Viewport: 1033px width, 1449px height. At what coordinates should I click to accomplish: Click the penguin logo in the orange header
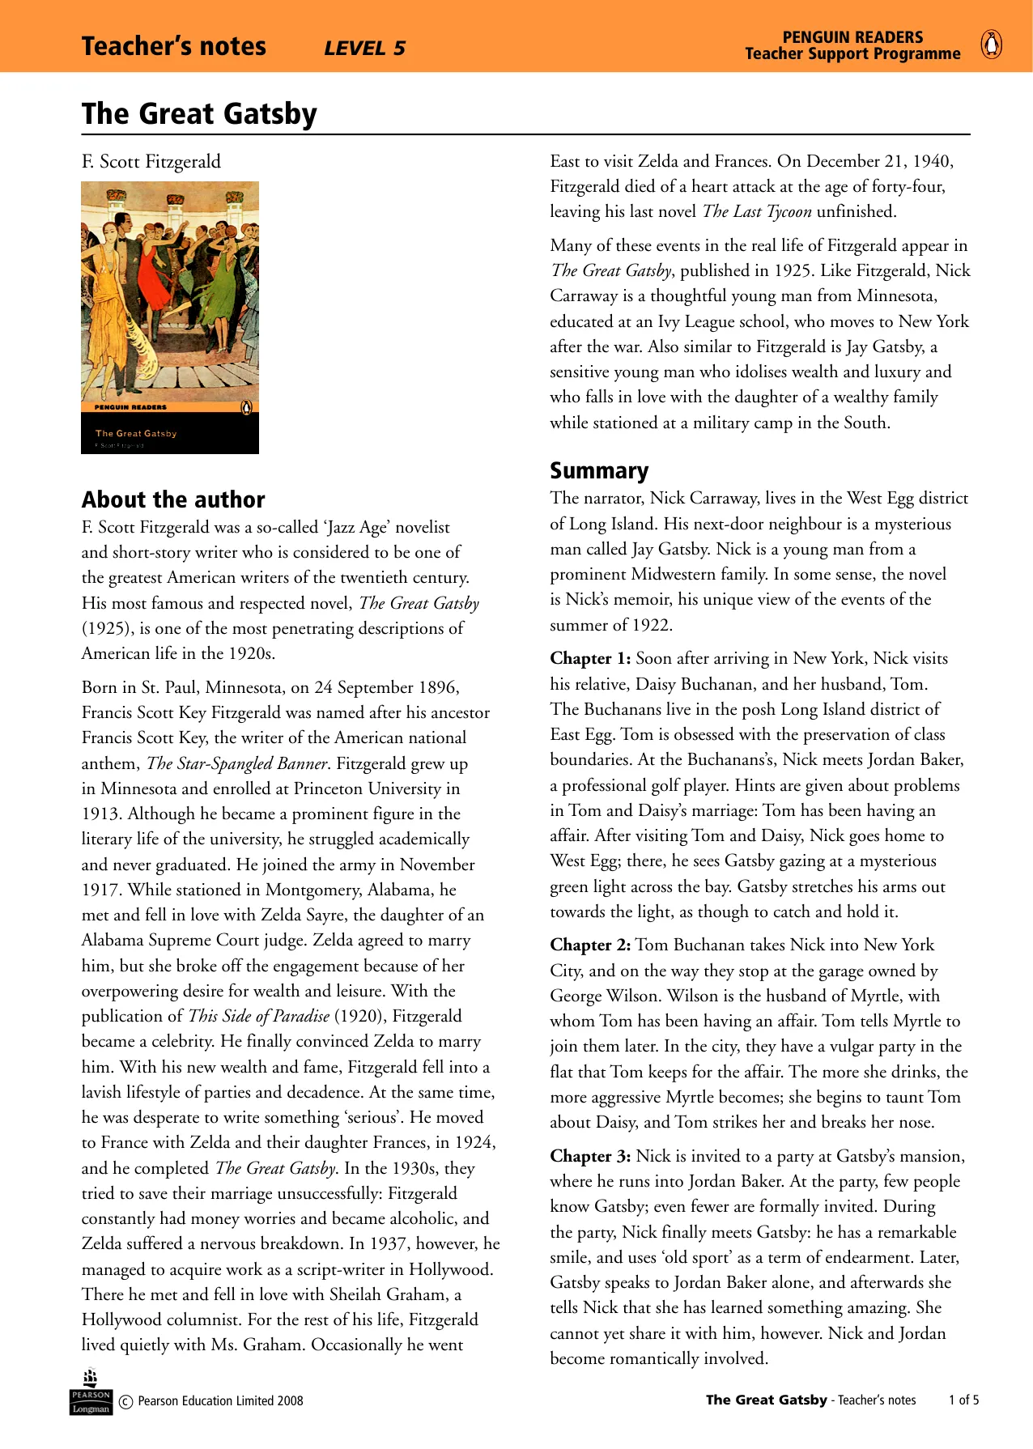pyautogui.click(x=991, y=45)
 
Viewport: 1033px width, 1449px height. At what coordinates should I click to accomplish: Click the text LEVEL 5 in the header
pyautogui.click(x=364, y=49)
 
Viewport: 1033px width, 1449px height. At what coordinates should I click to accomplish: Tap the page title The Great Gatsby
pyautogui.click(x=199, y=114)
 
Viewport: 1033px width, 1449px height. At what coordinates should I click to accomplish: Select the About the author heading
pyautogui.click(x=173, y=499)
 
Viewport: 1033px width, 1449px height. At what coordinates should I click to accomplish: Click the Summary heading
pyautogui.click(x=599, y=470)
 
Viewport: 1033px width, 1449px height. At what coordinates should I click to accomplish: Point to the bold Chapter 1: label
pyautogui.click(x=590, y=658)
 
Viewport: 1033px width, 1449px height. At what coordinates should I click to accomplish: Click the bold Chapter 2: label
pyautogui.click(x=590, y=945)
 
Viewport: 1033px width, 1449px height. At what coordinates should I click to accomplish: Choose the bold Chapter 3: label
pyautogui.click(x=590, y=1156)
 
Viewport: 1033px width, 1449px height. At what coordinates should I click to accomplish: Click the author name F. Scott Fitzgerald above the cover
pyautogui.click(x=151, y=162)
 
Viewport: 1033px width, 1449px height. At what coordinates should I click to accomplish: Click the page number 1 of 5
pyautogui.click(x=963, y=1400)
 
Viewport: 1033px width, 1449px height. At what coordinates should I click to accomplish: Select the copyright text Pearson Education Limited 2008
pyautogui.click(x=220, y=1401)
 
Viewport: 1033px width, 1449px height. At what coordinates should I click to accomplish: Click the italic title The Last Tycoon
pyautogui.click(x=757, y=212)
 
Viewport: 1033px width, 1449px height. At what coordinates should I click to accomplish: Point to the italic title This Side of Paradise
pyautogui.click(x=259, y=1016)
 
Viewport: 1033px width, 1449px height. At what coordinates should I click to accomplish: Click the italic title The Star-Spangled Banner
pyautogui.click(x=237, y=763)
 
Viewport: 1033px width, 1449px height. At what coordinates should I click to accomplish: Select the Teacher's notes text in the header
pyautogui.click(x=173, y=47)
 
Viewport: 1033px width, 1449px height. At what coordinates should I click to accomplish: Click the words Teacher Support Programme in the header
pyautogui.click(x=852, y=54)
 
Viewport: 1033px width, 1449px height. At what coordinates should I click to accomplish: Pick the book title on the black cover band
pyautogui.click(x=136, y=433)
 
